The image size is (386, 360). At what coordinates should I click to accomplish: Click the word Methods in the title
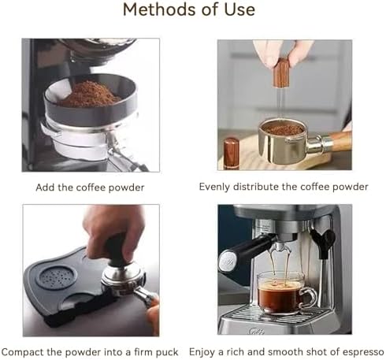159,9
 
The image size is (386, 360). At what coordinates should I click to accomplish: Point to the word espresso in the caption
365,352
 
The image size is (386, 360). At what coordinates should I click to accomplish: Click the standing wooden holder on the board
231,154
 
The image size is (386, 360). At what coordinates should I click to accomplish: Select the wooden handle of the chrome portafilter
340,141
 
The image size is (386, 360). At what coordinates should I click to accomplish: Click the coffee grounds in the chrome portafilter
284,129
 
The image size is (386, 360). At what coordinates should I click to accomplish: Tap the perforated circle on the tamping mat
56,277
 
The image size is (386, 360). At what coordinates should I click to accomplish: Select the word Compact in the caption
23,352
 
